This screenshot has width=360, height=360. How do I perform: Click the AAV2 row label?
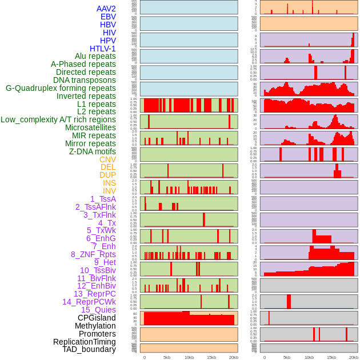[106, 9]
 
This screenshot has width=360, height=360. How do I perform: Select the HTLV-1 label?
[103, 49]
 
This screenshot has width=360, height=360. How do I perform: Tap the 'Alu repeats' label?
[95, 56]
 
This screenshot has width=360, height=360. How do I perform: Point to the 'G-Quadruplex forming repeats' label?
[61, 88]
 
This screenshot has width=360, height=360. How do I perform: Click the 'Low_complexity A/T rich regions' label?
[58, 119]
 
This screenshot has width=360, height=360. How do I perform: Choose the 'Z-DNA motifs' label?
[93, 151]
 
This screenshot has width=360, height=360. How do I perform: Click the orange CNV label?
[107, 159]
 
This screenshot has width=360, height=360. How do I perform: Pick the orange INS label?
[108, 183]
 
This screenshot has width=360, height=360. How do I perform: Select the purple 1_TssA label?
[103, 199]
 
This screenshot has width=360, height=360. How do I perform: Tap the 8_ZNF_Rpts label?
[93, 254]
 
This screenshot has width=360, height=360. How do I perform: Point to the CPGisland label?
[97, 318]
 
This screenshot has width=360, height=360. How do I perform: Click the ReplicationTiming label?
[84, 342]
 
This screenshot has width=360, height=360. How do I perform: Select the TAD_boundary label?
[89, 349]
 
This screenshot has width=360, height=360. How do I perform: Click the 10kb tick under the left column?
[189, 357]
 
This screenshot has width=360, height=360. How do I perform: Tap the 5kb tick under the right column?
[287, 357]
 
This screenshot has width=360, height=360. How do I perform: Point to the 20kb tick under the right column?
[354, 357]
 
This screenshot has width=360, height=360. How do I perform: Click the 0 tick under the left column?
[144, 357]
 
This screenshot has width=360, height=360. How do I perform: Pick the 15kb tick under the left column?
[211, 357]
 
